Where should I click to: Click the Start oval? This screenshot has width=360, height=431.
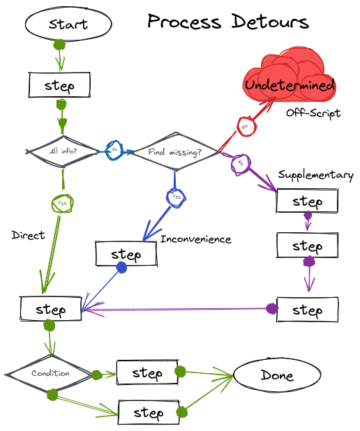tap(68, 24)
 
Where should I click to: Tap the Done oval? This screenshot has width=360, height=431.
tap(277, 375)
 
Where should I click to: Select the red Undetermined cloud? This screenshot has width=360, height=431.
tap(290, 82)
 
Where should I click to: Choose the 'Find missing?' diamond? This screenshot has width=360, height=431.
tap(174, 151)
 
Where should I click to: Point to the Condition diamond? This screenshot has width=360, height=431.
tap(50, 374)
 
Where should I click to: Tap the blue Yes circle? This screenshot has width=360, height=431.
tap(176, 197)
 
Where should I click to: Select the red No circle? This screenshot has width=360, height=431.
tap(245, 128)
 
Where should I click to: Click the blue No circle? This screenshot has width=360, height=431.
tap(114, 150)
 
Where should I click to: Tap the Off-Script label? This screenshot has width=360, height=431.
tap(313, 113)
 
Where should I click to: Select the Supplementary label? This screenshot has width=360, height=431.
tap(315, 175)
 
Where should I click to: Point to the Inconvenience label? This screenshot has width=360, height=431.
tap(195, 239)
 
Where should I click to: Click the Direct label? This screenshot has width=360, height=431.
tap(28, 235)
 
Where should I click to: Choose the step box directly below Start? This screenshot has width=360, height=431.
tap(59, 85)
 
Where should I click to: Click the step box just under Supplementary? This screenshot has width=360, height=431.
tap(307, 202)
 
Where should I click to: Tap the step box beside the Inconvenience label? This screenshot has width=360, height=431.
tap(126, 254)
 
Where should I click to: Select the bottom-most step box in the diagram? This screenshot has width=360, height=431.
tap(148, 413)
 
